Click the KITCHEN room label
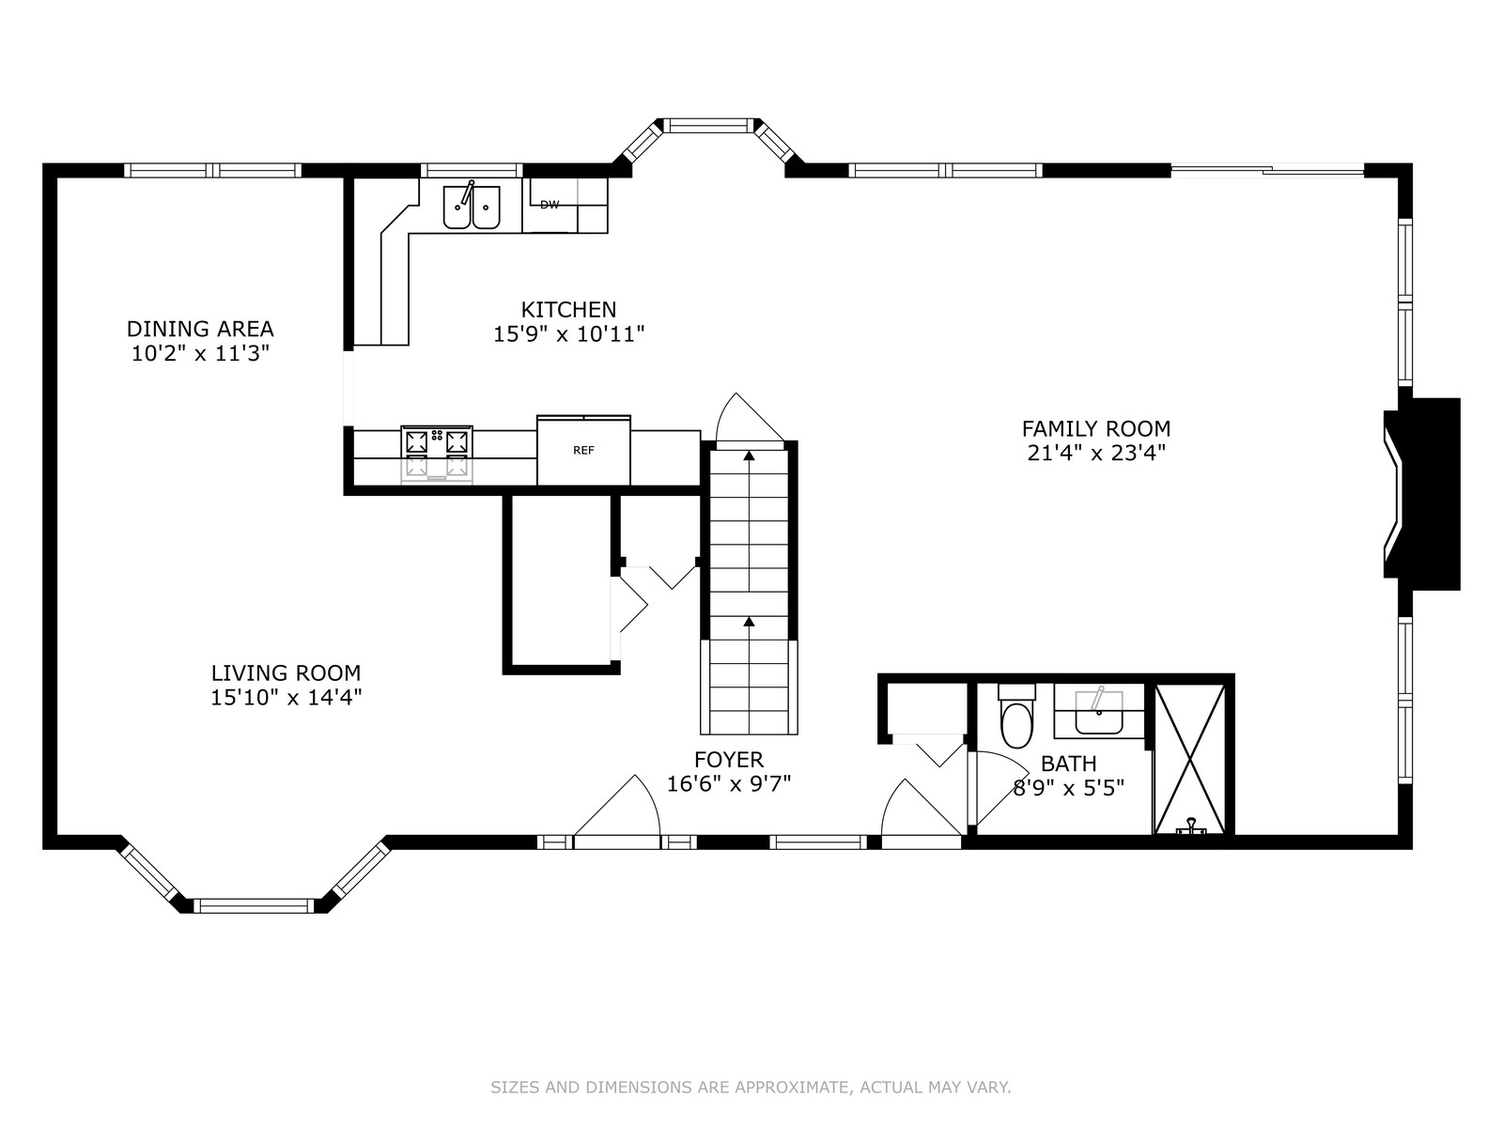point(568,310)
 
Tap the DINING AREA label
point(200,329)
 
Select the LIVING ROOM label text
point(286,673)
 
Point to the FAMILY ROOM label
point(1096,429)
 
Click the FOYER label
point(729,760)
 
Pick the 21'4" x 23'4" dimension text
point(1096,454)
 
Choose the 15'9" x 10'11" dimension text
point(569,334)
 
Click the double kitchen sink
point(472,206)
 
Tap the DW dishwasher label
point(550,205)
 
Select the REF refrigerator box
point(583,450)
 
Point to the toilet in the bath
point(1016,716)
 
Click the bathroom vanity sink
point(1098,713)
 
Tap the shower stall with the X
point(1190,759)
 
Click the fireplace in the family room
point(1421,494)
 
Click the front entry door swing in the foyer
point(617,806)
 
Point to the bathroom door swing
point(999,788)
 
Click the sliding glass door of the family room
point(1267,170)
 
